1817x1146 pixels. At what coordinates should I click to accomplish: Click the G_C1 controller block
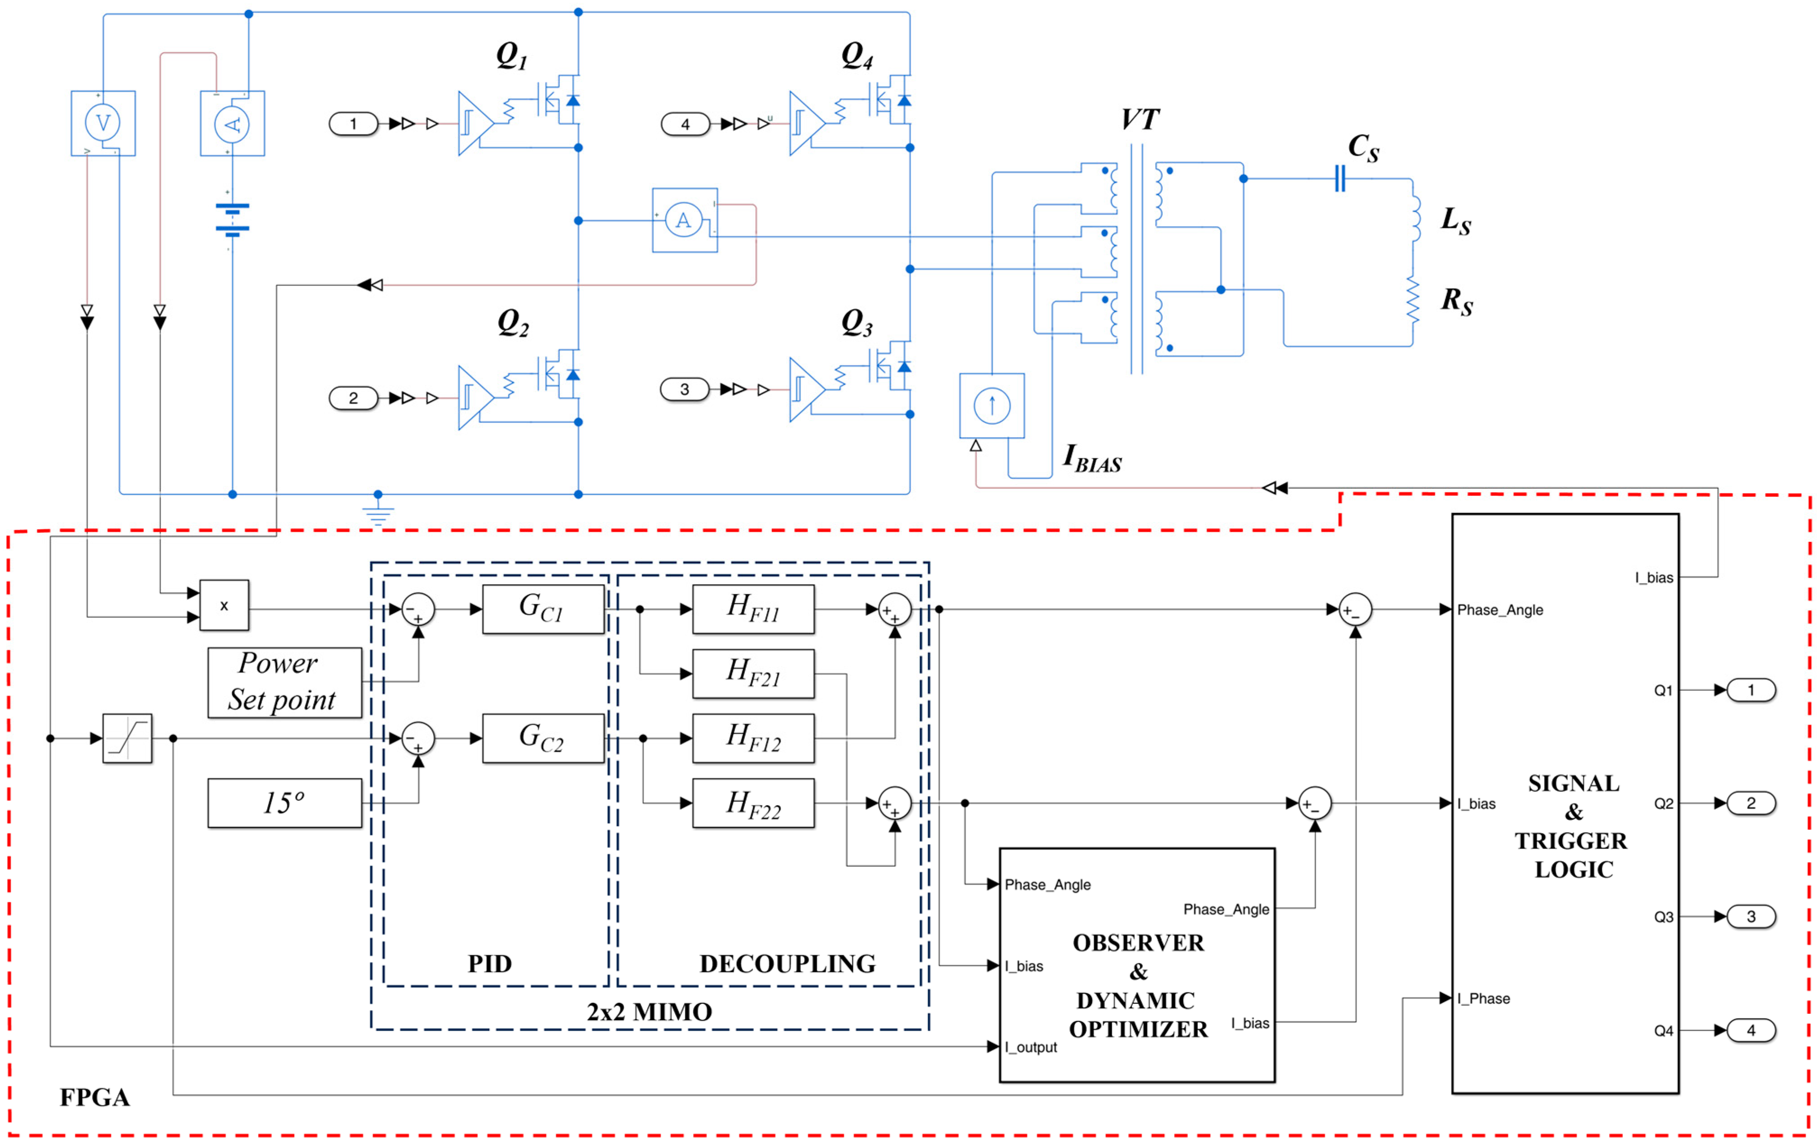(542, 608)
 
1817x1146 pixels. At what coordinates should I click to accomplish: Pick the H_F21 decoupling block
(753, 673)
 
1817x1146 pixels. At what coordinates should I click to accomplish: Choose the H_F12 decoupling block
(753, 738)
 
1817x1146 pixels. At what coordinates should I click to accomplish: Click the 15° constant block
(284, 803)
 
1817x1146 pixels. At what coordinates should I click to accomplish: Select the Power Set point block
(284, 682)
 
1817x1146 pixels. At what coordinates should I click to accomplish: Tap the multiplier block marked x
(224, 605)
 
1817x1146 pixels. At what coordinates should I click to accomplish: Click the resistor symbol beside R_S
(1413, 301)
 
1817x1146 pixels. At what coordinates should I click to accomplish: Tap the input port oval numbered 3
(684, 389)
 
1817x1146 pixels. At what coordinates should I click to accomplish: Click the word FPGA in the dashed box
(94, 1097)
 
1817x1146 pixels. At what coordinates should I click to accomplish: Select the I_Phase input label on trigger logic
(1484, 998)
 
